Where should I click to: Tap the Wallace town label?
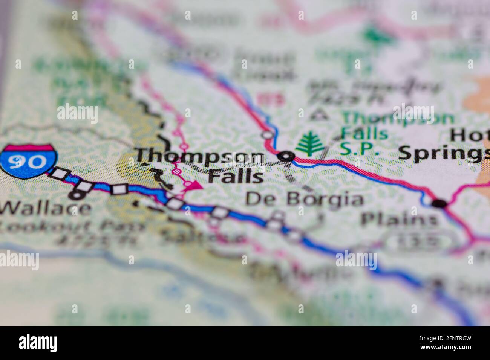click(45, 208)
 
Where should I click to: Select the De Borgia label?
click(305, 200)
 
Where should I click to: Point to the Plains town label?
click(400, 218)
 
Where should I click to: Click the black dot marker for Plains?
click(438, 204)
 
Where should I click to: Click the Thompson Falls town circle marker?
click(286, 156)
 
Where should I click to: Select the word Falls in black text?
click(236, 176)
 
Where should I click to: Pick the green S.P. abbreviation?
click(360, 149)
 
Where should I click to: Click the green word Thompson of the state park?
click(398, 119)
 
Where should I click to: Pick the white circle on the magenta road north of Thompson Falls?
click(268, 134)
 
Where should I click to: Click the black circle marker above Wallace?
click(77, 195)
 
